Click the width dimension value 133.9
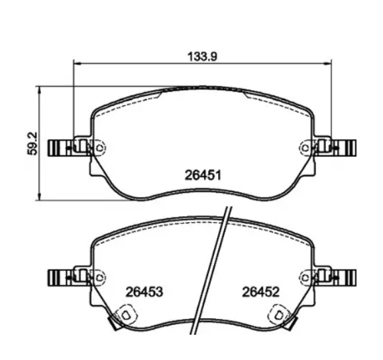(x=202, y=56)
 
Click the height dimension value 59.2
(x=32, y=143)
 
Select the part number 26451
(x=203, y=175)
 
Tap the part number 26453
(x=144, y=292)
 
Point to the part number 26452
(x=260, y=292)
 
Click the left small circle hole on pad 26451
(x=99, y=148)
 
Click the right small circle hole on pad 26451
(x=305, y=148)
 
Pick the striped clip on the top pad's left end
(x=60, y=148)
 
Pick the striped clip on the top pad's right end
(x=345, y=148)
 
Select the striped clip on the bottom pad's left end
(x=60, y=278)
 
